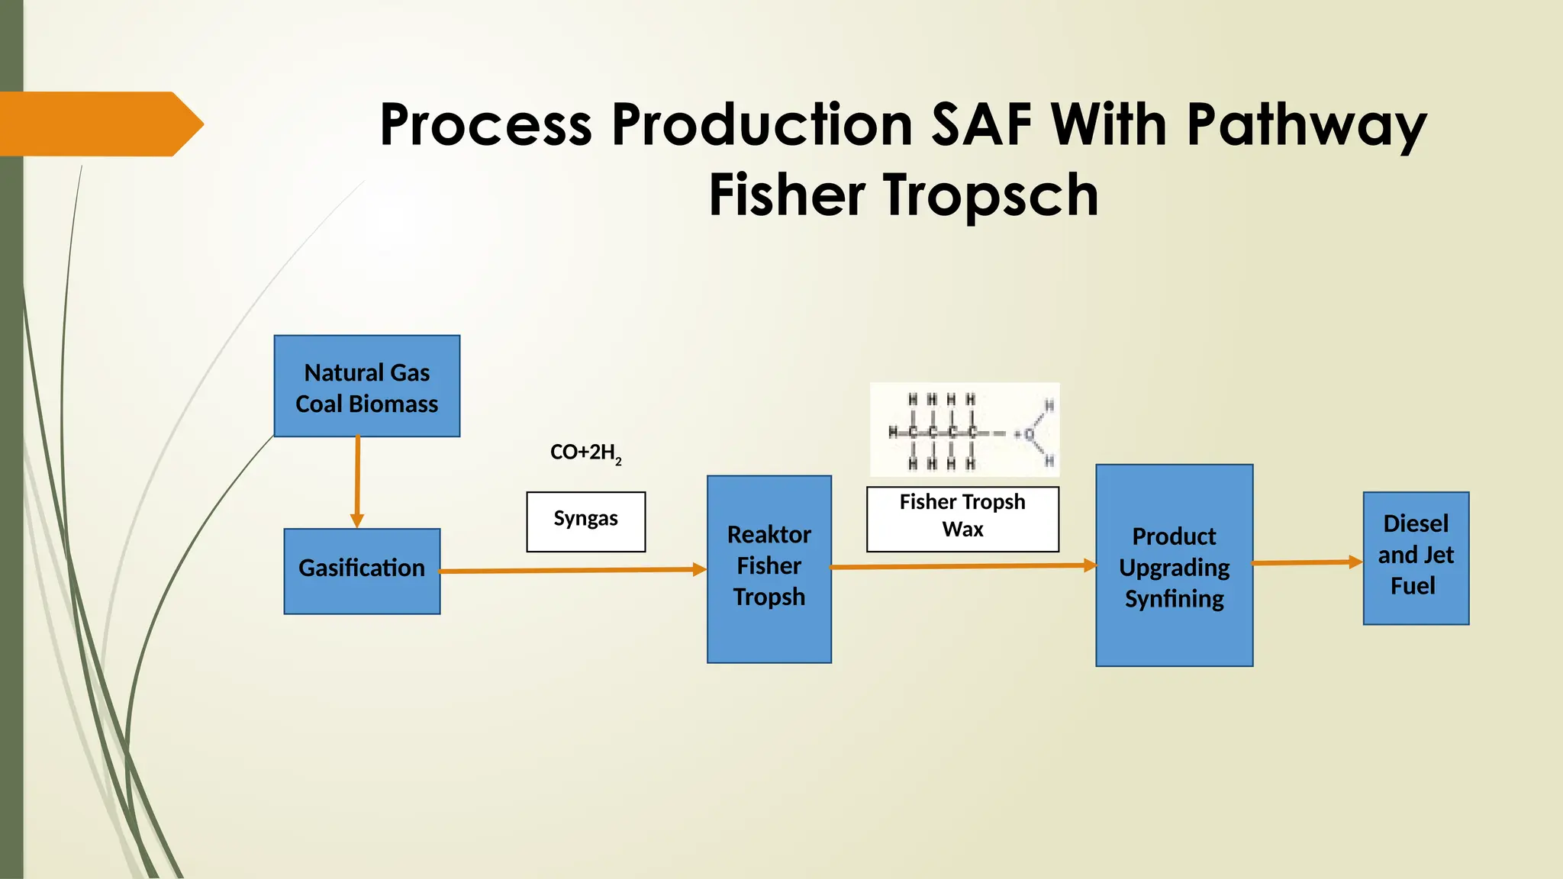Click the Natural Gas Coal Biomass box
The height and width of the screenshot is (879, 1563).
(366, 386)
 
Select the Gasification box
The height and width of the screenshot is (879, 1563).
(362, 571)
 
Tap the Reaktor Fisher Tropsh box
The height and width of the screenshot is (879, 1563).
(769, 568)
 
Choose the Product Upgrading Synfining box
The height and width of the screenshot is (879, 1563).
(1174, 565)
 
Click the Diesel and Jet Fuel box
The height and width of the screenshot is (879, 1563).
(1416, 558)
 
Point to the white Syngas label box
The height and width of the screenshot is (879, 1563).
(585, 521)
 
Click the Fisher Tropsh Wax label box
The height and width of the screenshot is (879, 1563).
(962, 519)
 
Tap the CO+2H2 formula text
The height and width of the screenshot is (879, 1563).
(585, 452)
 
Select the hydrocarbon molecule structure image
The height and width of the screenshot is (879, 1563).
(965, 430)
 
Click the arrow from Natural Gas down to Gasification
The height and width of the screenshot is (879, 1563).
(357, 481)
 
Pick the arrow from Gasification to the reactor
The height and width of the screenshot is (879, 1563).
(572, 570)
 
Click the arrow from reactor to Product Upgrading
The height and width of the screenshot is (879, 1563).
(963, 566)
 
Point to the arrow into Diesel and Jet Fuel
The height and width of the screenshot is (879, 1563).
(1307, 562)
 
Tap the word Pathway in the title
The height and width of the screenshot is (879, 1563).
(1306, 126)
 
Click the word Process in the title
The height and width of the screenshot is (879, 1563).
(485, 124)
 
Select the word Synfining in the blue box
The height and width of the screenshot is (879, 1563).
(1174, 599)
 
